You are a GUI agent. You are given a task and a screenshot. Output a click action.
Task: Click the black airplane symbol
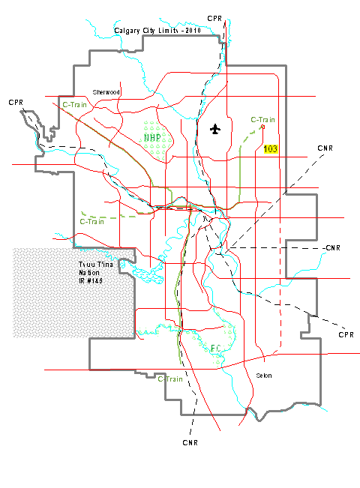(216, 129)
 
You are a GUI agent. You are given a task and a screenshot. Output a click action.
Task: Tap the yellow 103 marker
(271, 149)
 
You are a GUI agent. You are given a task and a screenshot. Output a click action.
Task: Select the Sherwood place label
(106, 91)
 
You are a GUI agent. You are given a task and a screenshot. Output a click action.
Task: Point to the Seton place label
(263, 376)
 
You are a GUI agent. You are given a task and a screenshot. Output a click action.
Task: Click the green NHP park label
(153, 137)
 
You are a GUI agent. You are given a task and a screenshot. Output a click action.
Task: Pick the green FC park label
(215, 348)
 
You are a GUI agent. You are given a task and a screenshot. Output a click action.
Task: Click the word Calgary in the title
(127, 31)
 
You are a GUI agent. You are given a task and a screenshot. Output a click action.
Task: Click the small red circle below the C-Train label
(262, 127)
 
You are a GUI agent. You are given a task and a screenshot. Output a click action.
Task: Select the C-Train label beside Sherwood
(74, 105)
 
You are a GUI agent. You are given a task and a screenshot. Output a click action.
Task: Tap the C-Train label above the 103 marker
(263, 120)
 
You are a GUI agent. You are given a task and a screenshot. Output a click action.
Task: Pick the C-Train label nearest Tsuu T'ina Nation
(91, 222)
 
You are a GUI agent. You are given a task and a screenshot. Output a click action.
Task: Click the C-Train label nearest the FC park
(170, 379)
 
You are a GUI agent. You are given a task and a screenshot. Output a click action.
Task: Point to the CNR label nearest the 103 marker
(325, 147)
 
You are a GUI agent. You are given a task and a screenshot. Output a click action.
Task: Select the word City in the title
(148, 31)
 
